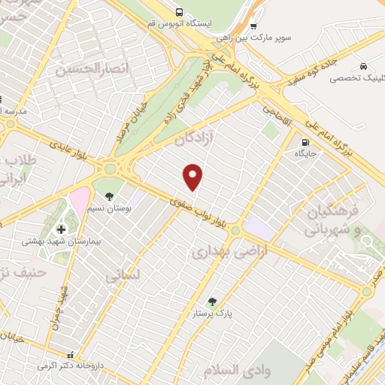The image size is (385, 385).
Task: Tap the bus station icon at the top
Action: point(179,12)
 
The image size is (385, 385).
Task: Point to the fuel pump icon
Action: point(305,142)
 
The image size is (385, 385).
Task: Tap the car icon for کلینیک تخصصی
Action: point(364,66)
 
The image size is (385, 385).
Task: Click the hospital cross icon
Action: point(61,229)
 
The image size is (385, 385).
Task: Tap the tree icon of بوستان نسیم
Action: point(109,197)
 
